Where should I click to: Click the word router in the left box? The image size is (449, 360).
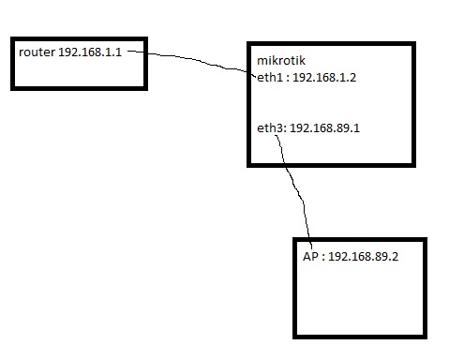click(37, 52)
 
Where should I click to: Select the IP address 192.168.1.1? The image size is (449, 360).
click(90, 52)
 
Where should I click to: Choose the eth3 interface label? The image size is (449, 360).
click(270, 127)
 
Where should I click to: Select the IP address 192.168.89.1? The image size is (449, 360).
click(325, 127)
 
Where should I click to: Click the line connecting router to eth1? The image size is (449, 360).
click(197, 59)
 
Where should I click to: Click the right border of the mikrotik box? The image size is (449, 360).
click(411, 103)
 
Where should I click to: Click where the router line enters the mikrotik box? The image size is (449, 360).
click(249, 72)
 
